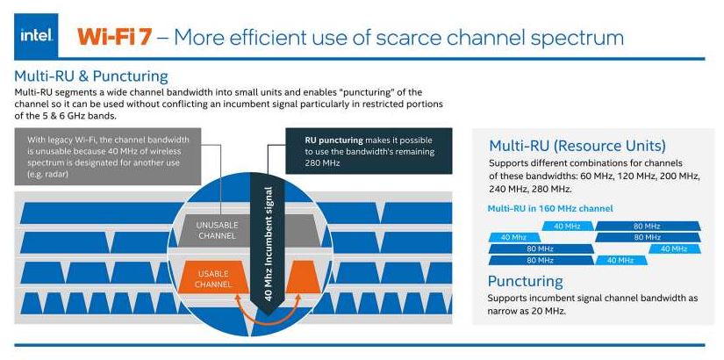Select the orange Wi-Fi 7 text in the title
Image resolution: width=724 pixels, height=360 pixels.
(x=118, y=36)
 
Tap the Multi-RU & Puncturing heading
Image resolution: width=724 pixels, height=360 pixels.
(x=91, y=76)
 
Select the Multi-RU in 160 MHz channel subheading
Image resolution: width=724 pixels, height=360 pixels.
(x=551, y=208)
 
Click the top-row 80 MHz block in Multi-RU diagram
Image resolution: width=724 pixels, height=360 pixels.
(x=647, y=226)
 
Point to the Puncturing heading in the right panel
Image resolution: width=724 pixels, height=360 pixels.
(x=526, y=281)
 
